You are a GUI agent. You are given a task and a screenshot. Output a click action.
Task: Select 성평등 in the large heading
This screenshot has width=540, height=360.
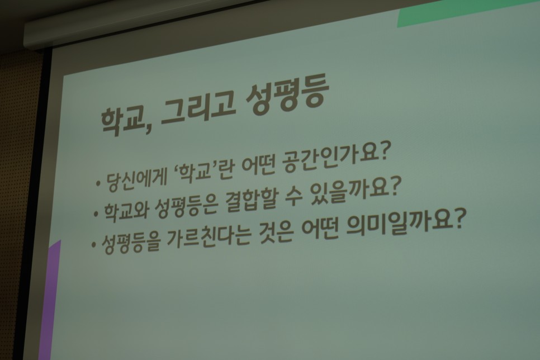click(286, 94)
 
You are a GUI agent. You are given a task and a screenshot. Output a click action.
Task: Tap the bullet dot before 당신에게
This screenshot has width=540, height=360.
click(99, 183)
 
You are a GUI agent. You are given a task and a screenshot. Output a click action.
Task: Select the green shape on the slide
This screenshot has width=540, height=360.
click(465, 12)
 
